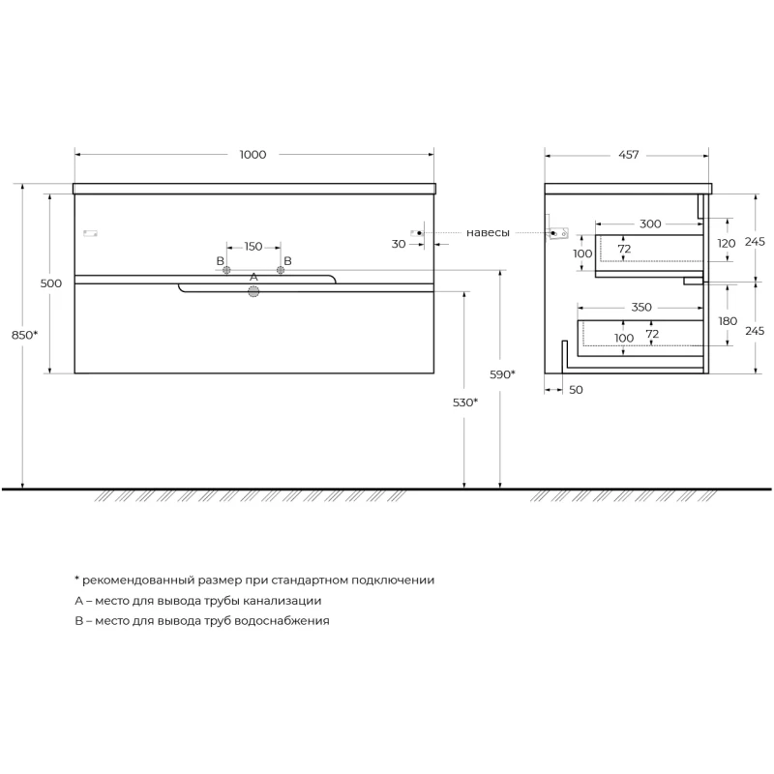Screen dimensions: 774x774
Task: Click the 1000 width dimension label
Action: [253, 155]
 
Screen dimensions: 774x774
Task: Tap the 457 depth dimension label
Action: [628, 155]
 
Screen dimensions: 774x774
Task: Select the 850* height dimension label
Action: [24, 335]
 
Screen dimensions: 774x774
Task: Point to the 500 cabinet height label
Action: [51, 283]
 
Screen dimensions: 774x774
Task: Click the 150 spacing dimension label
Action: [253, 247]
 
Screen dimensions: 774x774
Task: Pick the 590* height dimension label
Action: [502, 374]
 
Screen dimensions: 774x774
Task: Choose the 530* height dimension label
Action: [465, 402]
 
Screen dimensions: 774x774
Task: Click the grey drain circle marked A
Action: [253, 292]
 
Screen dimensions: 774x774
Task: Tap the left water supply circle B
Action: [226, 270]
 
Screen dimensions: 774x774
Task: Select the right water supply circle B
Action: [281, 270]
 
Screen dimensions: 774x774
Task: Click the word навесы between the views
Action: [488, 232]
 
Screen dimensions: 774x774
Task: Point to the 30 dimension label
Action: [399, 244]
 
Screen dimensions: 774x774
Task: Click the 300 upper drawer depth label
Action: [650, 224]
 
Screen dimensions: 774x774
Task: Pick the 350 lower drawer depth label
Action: [641, 307]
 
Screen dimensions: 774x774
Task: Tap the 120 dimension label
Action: [727, 243]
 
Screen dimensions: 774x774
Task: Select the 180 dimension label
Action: [728, 321]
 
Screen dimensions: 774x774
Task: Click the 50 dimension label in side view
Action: [576, 390]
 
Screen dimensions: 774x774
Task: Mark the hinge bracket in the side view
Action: [559, 233]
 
